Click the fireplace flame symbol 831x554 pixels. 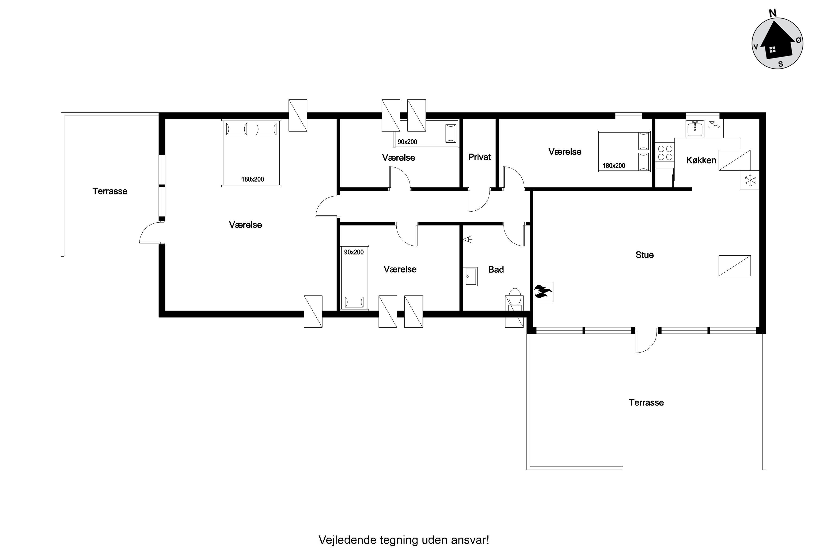pyautogui.click(x=543, y=292)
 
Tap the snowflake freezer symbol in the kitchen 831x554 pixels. pyautogui.click(x=749, y=180)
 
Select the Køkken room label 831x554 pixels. pyautogui.click(x=701, y=160)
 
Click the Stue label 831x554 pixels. pyautogui.click(x=645, y=255)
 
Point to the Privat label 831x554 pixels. pyautogui.click(x=479, y=157)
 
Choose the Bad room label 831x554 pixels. pyautogui.click(x=496, y=269)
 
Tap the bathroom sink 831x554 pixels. pyautogui.click(x=470, y=276)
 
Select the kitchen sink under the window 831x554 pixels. pyautogui.click(x=695, y=128)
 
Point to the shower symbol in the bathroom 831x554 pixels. pyautogui.click(x=468, y=239)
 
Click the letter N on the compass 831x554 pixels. pyautogui.click(x=773, y=13)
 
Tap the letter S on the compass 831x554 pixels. pyautogui.click(x=781, y=64)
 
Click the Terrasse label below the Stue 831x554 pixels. pyautogui.click(x=646, y=402)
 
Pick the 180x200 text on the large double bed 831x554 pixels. pyautogui.click(x=253, y=179)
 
